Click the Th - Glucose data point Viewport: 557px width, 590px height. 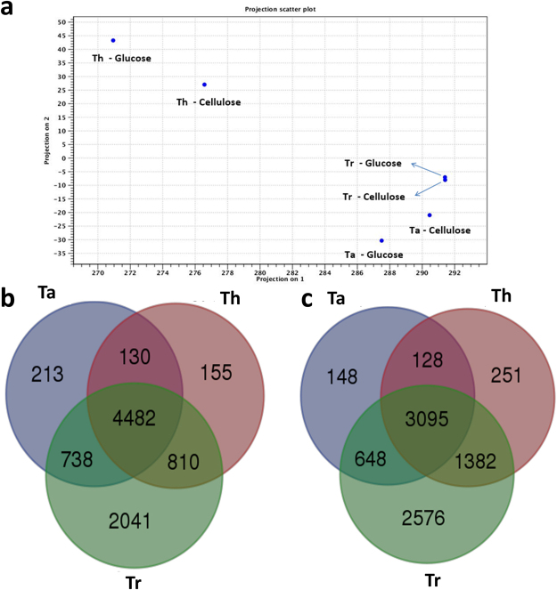(113, 40)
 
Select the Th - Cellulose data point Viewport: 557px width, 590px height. (204, 85)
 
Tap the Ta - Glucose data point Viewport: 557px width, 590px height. (381, 240)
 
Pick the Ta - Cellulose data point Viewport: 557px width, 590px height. (430, 214)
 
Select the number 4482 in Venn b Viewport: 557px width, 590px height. (135, 412)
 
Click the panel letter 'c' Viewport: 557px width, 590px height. (307, 299)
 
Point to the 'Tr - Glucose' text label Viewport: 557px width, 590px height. (373, 164)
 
